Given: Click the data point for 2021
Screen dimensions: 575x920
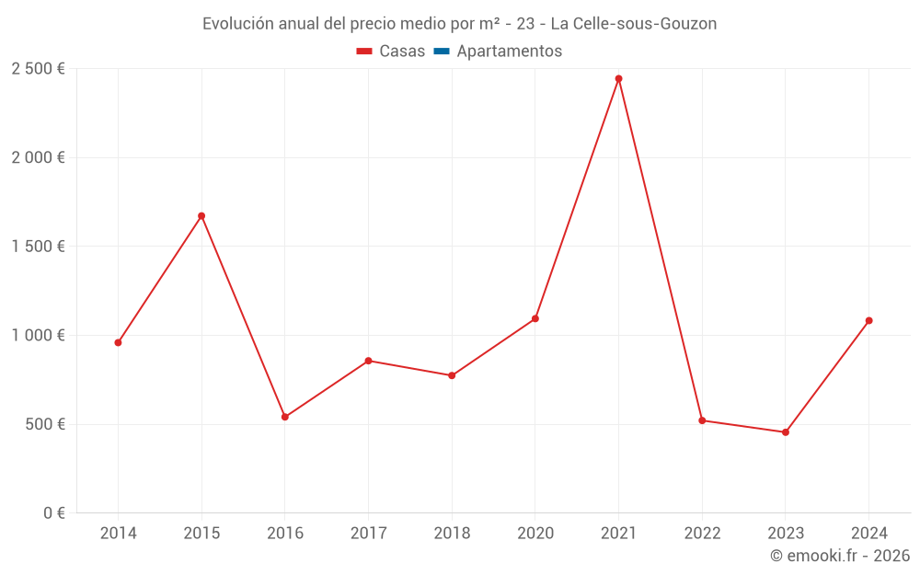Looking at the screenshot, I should click(618, 79).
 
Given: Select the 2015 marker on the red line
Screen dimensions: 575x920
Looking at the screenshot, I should click(201, 216).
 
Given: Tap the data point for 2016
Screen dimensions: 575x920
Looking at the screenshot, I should click(285, 417).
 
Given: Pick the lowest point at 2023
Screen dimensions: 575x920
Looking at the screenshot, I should click(786, 432).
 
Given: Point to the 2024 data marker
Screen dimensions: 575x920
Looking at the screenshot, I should click(868, 321).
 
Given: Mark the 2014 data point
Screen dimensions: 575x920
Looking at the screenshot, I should click(118, 342).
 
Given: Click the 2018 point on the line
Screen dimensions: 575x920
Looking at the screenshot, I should click(452, 375).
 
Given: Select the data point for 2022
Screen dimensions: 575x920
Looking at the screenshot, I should click(702, 420).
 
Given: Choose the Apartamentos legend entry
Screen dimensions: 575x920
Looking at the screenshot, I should click(509, 52).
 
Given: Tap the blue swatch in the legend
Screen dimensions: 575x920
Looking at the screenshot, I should click(442, 52).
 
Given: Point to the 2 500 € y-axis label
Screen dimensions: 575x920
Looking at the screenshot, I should click(38, 69).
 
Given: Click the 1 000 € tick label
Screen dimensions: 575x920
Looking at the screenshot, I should click(38, 336).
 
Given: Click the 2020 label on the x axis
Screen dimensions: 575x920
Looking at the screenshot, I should click(535, 534).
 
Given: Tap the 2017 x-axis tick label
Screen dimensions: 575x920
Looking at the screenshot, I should click(368, 534).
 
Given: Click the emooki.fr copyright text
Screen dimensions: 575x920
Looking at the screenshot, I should click(839, 556).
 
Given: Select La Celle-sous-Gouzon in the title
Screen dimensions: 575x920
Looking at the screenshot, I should click(633, 24).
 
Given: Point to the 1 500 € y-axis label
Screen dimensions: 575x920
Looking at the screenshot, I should click(38, 247).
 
